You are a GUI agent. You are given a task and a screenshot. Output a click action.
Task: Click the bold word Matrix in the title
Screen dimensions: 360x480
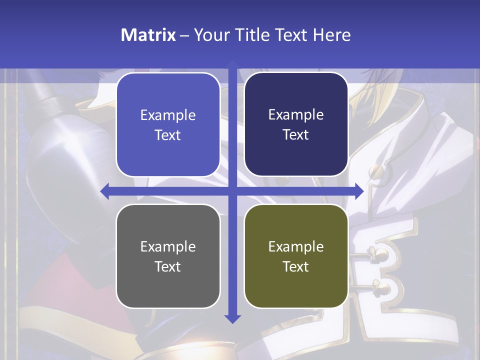point(148,35)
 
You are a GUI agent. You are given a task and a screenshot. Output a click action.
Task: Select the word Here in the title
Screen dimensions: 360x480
point(331,35)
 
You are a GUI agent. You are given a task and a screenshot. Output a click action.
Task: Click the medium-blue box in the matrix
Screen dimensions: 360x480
point(168,124)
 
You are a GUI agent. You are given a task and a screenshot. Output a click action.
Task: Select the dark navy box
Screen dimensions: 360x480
point(296,124)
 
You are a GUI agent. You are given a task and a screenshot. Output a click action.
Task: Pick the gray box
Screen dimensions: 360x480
point(168,256)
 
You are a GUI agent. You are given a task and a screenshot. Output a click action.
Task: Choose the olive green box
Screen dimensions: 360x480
point(296,256)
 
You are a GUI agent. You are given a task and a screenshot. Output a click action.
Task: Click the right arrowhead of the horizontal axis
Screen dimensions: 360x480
point(359,190)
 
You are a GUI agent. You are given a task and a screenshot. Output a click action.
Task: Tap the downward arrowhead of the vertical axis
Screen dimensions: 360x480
point(232,318)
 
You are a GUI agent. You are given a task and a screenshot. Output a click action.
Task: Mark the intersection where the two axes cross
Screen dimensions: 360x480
point(232,190)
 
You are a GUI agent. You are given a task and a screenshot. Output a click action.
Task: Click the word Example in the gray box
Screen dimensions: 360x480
point(168,246)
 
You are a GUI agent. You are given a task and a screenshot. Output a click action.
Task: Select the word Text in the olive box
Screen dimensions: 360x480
point(296,266)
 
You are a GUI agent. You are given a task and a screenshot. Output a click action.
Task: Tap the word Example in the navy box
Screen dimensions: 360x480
point(296,114)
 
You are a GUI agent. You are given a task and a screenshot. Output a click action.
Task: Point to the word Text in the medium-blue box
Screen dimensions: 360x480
point(168,135)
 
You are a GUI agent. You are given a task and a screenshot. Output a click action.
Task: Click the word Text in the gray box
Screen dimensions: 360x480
point(168,266)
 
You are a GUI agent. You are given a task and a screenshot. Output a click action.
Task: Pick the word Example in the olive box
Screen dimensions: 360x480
point(296,246)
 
